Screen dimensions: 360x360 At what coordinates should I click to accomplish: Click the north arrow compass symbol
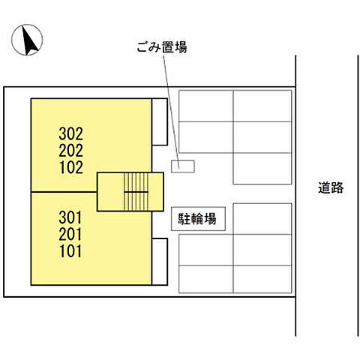tap(27, 40)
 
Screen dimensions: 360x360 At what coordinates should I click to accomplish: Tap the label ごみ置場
tap(162, 46)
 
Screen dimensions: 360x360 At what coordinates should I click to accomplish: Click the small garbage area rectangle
tap(183, 166)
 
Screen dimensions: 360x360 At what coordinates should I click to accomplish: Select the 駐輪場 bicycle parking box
tap(198, 219)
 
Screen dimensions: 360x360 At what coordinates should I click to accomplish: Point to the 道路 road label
tap(331, 187)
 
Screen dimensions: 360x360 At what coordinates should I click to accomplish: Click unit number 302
tap(71, 133)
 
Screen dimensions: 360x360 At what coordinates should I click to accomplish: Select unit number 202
tap(71, 151)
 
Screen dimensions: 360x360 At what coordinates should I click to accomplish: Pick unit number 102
tap(71, 167)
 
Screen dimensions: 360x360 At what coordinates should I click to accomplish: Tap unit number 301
tap(70, 217)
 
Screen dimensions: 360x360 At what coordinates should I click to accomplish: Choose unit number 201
tap(70, 234)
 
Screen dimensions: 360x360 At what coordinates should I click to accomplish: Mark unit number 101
tap(70, 251)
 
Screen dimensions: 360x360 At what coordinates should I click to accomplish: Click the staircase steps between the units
tap(136, 192)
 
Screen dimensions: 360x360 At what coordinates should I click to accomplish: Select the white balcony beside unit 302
tap(160, 121)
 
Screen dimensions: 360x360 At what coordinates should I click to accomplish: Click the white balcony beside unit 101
tap(160, 262)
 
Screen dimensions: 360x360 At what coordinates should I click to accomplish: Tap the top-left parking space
tap(206, 106)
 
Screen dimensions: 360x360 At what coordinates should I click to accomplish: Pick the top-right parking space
tap(262, 106)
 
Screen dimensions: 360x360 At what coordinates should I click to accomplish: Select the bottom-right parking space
tap(262, 279)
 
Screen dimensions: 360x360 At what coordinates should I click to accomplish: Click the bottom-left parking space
tap(206, 279)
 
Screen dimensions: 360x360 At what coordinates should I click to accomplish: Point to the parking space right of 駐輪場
tap(262, 219)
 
